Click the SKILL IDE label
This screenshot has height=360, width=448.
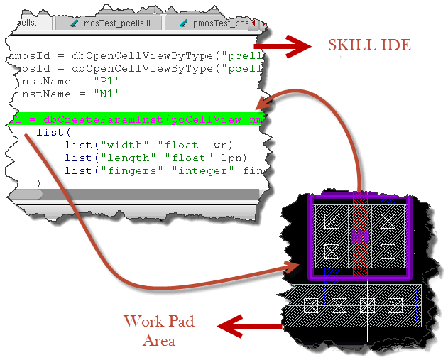[368, 46]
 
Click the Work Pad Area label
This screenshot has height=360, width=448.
[158, 331]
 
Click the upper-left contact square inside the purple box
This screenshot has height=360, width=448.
[331, 221]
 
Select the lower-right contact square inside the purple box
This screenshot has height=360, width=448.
[387, 251]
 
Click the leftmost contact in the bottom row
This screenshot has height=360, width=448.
[310, 305]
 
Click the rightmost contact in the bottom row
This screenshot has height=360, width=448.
[395, 305]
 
